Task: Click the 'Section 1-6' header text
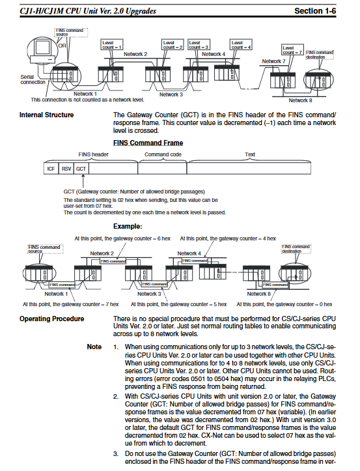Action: [x=315, y=11]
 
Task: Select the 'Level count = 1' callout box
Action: [x=112, y=45]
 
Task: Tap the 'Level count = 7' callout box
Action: [x=292, y=50]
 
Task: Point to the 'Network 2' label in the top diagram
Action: [x=135, y=54]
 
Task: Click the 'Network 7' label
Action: [x=273, y=61]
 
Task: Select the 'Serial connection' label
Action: [x=33, y=79]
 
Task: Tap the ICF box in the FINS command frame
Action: [x=51, y=169]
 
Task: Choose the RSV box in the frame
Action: [x=66, y=169]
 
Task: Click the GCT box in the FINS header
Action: [x=81, y=169]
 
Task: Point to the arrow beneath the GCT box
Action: [x=83, y=181]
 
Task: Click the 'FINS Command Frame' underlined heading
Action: [x=148, y=143]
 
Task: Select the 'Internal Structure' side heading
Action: [x=46, y=115]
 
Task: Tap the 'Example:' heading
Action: [x=128, y=226]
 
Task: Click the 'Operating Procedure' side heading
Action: [x=51, y=319]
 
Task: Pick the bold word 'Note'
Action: [x=94, y=347]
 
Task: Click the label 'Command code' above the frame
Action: [x=163, y=154]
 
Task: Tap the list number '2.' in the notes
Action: [x=116, y=397]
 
